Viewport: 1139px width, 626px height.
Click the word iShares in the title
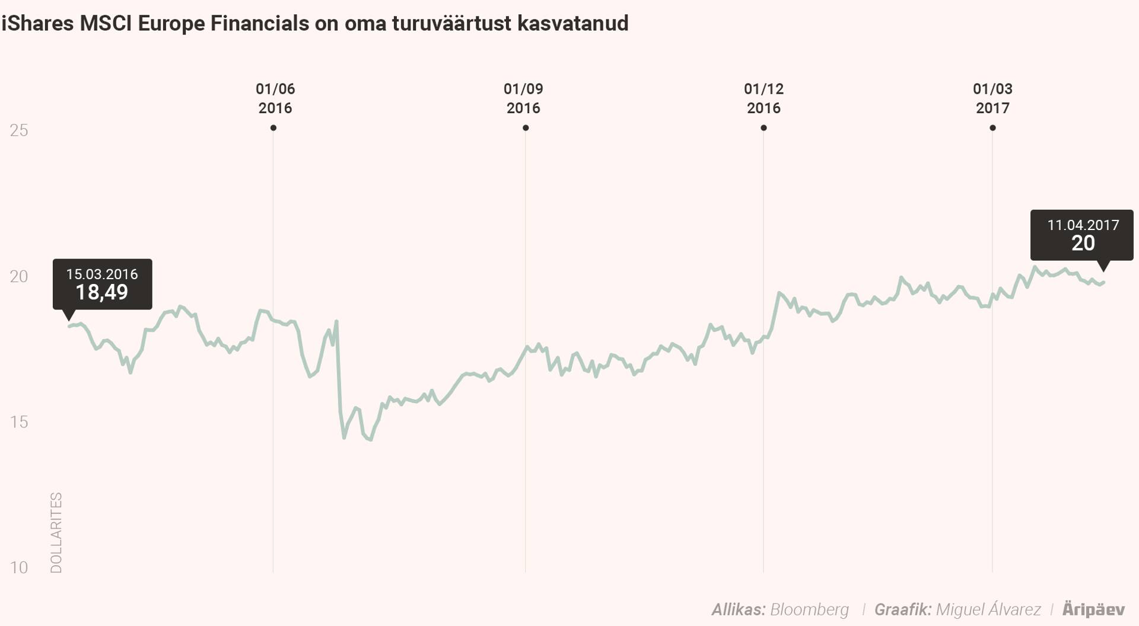(37, 24)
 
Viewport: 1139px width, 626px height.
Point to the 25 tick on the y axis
(19, 130)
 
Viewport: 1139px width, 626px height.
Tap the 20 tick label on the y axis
(19, 276)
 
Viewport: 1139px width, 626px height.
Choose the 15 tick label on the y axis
(19, 422)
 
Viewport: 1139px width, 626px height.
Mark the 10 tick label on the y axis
(19, 568)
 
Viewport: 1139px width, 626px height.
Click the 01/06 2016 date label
(275, 98)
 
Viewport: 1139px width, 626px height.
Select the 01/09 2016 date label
(523, 98)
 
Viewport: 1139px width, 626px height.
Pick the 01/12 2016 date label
(763, 98)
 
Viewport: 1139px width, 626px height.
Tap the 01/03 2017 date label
(992, 98)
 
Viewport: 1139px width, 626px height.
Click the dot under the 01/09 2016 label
(526, 128)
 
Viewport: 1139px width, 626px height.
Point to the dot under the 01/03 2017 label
(992, 128)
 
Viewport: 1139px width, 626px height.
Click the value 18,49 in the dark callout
(101, 292)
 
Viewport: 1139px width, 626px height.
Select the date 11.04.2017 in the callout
(1083, 225)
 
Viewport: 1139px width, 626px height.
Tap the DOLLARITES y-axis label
(56, 532)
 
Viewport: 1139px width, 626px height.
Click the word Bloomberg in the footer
(809, 609)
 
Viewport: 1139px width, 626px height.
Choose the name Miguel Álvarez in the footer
(988, 609)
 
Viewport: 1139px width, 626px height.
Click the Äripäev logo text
(1093, 609)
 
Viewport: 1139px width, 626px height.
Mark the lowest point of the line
(370, 440)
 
